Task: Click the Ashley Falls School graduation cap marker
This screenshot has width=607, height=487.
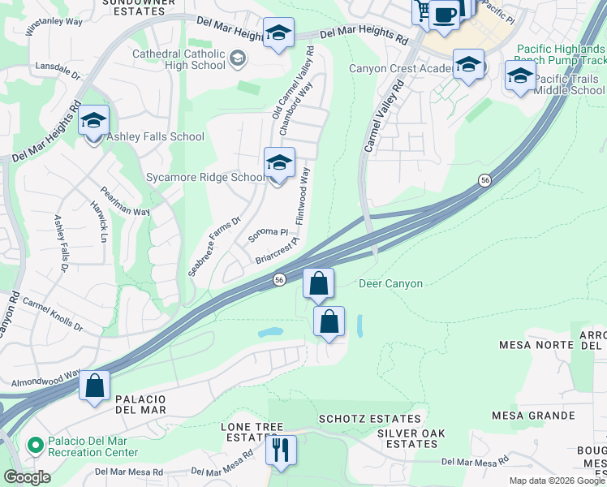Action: click(x=93, y=122)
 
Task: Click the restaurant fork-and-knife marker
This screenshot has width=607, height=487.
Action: click(x=281, y=450)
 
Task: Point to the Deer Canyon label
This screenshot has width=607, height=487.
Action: click(x=390, y=283)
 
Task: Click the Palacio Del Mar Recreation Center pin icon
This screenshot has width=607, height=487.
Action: click(x=35, y=446)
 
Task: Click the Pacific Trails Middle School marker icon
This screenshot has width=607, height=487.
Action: click(x=519, y=76)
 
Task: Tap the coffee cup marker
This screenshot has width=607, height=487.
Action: click(x=444, y=14)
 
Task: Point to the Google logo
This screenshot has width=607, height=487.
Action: click(x=27, y=477)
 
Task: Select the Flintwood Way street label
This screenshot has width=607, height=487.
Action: click(x=303, y=196)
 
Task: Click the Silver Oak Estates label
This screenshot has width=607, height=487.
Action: click(x=411, y=438)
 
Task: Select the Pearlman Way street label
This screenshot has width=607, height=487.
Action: click(x=126, y=201)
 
